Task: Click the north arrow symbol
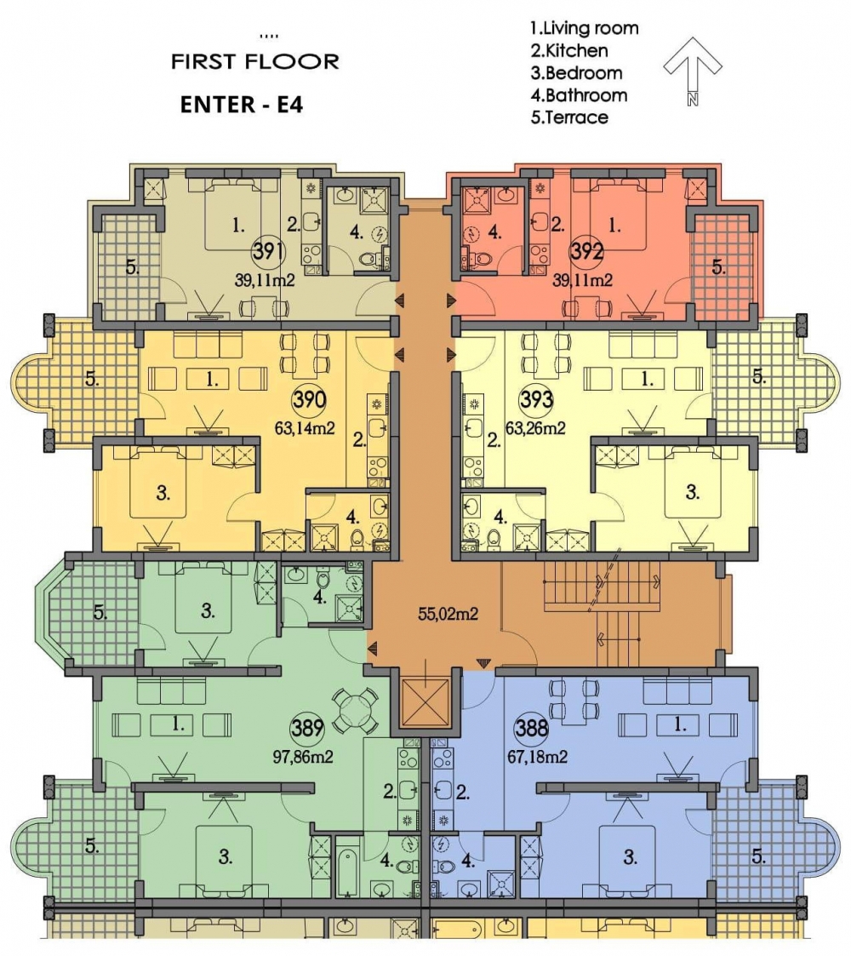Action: point(693,70)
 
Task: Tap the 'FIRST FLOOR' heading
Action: point(254,61)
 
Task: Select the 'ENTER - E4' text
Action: point(242,105)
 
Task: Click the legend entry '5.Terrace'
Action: point(569,117)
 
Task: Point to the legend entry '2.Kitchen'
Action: point(568,50)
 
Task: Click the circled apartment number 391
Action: point(268,250)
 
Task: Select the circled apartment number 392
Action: point(586,250)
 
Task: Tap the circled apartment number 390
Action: point(310,400)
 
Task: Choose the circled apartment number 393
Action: point(536,400)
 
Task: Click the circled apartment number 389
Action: point(307,728)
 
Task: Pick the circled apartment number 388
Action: point(532,728)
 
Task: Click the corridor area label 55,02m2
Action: point(448,614)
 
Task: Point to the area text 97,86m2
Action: point(303,758)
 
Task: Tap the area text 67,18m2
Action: point(538,758)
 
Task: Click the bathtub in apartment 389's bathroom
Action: point(347,873)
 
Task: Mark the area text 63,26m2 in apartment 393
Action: point(535,428)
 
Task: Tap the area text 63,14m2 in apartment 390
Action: point(305,428)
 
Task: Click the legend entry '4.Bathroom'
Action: point(579,95)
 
